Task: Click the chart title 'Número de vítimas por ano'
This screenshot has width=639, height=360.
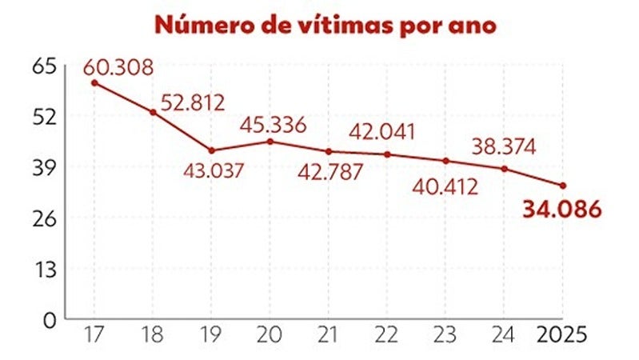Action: pyautogui.click(x=325, y=25)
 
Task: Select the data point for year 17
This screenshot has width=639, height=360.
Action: pyautogui.click(x=94, y=82)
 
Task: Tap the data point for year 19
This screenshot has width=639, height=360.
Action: pyautogui.click(x=212, y=150)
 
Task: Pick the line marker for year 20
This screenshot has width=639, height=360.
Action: pyautogui.click(x=270, y=142)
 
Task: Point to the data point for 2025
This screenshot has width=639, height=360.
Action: pyautogui.click(x=563, y=186)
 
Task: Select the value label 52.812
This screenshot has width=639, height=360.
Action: pyautogui.click(x=193, y=102)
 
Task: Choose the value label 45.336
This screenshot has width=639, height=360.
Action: pyautogui.click(x=274, y=125)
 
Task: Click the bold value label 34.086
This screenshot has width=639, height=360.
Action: pyautogui.click(x=561, y=210)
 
